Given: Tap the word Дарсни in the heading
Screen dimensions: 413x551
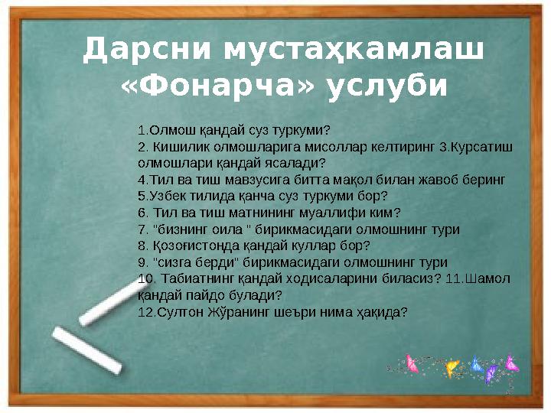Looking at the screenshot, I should (146, 51).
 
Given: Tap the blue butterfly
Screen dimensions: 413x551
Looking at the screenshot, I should (476, 364).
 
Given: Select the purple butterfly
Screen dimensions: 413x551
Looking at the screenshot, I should (491, 373).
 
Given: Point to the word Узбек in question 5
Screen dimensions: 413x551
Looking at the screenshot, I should (164, 195).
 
